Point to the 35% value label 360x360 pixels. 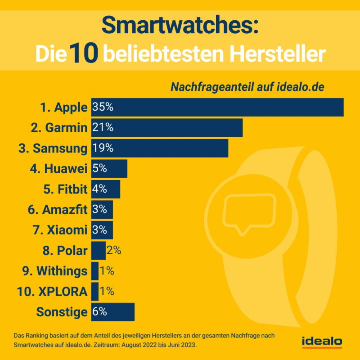(x=103, y=107)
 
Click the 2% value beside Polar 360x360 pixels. (x=114, y=251)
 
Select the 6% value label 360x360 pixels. (x=99, y=312)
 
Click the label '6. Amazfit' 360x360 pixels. (x=58, y=210)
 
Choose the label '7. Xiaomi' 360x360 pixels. (x=60, y=230)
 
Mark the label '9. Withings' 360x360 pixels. (x=55, y=271)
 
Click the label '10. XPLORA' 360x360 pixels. (x=53, y=292)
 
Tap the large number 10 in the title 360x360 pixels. (x=84, y=53)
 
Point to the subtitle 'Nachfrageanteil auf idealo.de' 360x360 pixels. (x=247, y=86)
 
